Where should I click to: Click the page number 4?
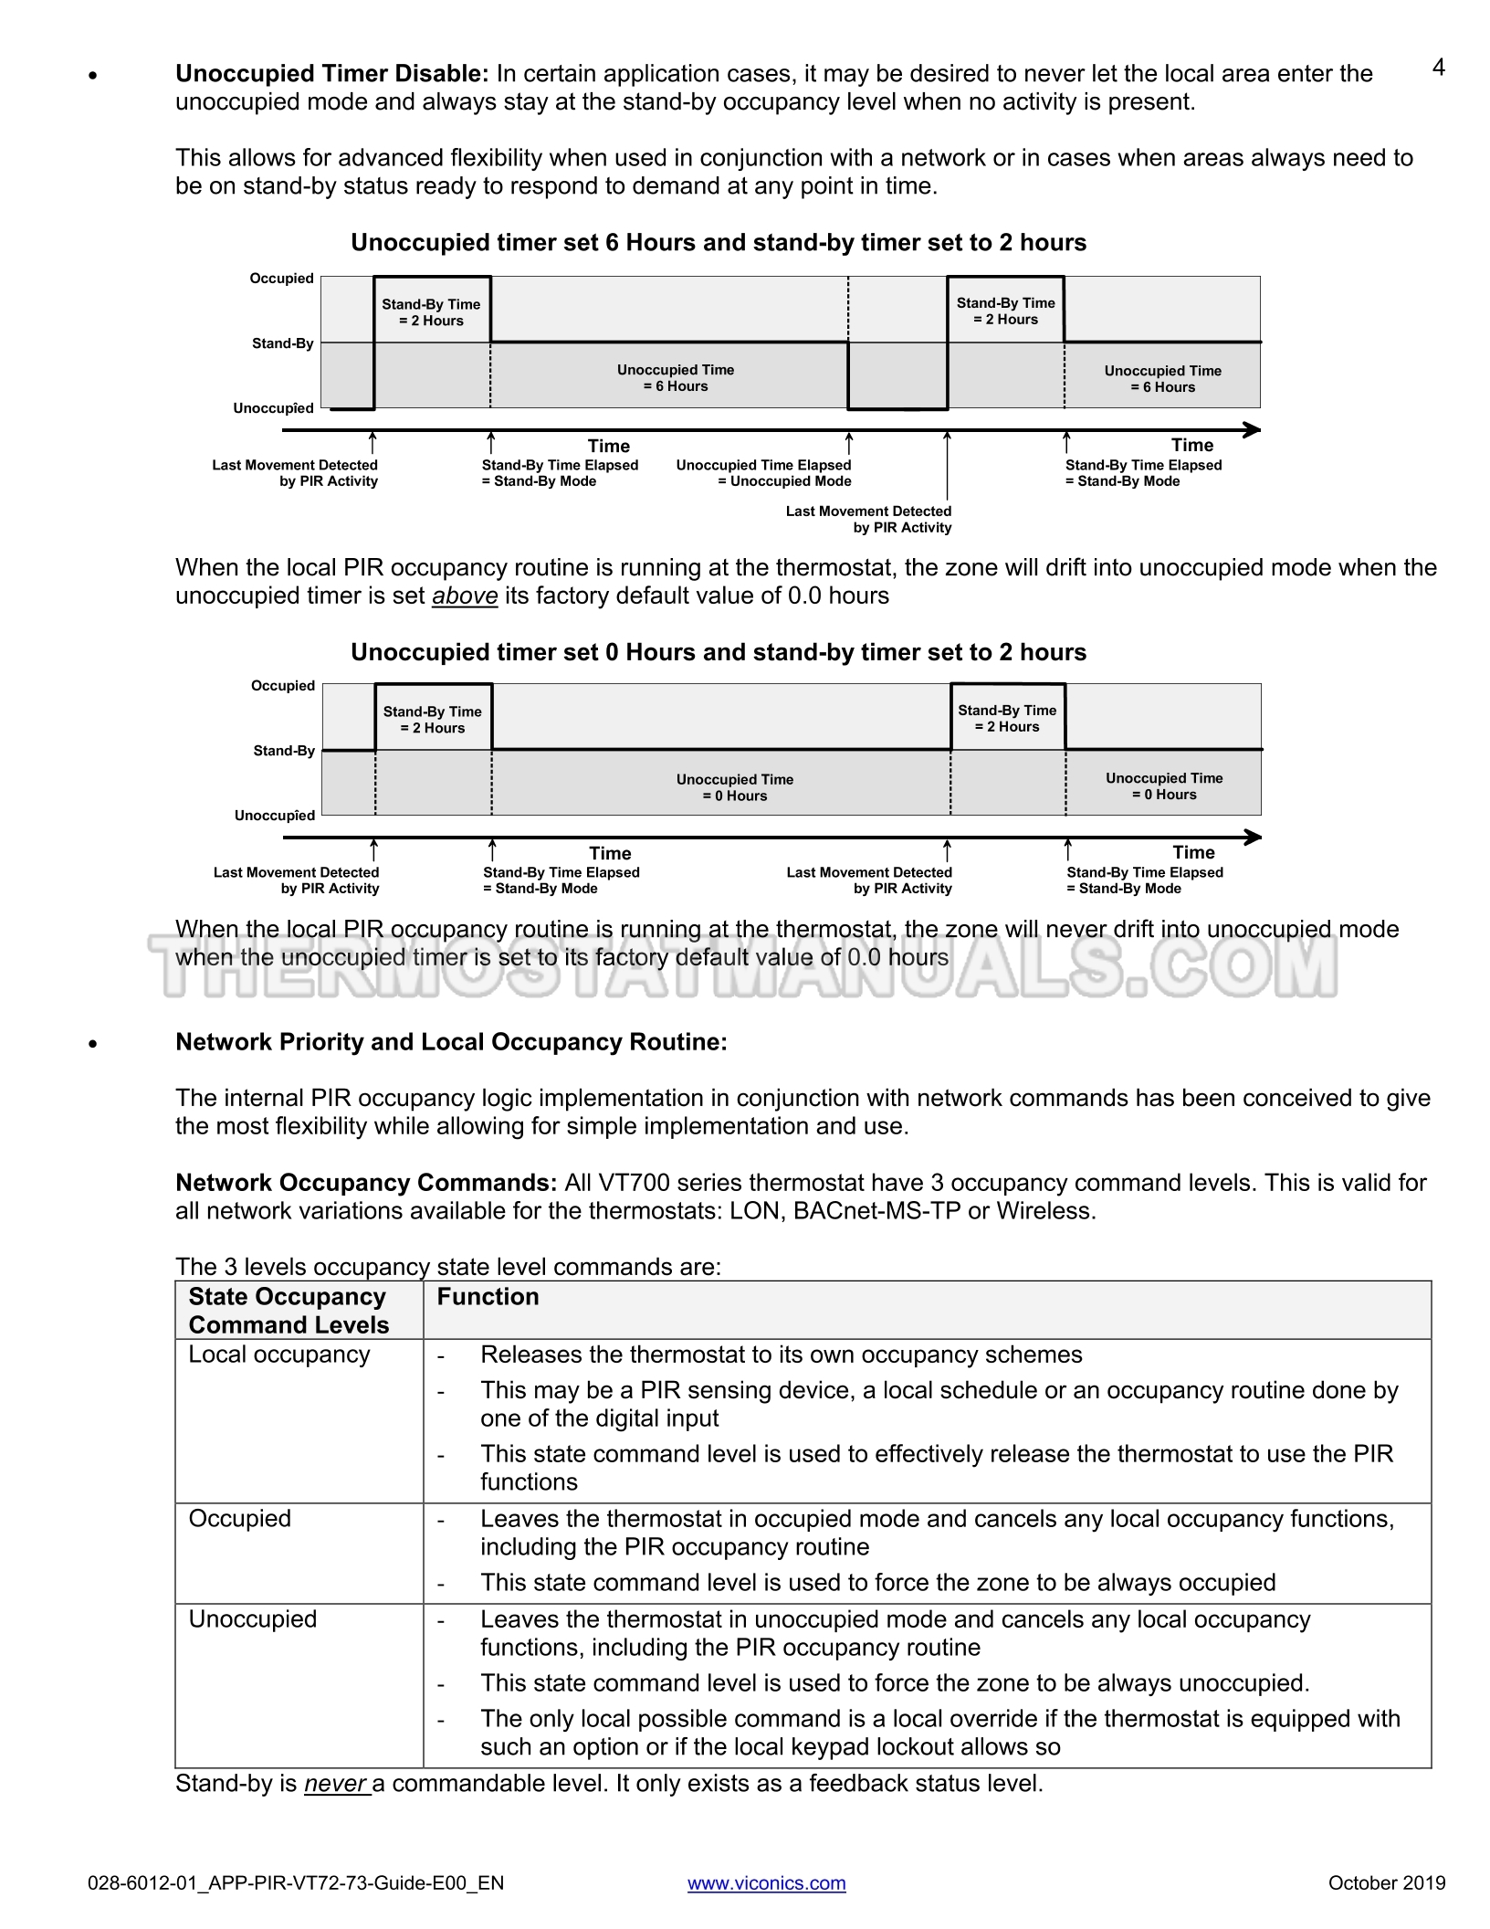pos(1438,68)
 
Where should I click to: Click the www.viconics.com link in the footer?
pos(766,1882)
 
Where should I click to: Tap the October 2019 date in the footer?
pos(1386,1882)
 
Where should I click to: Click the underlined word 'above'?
pos(465,596)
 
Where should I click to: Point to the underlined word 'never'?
pos(335,1784)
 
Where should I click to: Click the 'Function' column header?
pos(488,1297)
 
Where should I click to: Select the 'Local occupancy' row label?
pos(279,1355)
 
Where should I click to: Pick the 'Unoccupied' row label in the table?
pos(253,1619)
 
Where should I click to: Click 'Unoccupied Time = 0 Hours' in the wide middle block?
pos(734,787)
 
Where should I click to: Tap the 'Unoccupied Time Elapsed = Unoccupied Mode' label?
pos(763,473)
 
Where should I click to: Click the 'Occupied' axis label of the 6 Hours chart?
pos(281,279)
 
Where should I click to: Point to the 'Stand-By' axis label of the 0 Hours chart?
pos(284,751)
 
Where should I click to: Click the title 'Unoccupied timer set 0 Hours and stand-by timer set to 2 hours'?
pos(719,652)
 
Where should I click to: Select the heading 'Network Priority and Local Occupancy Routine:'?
pos(451,1042)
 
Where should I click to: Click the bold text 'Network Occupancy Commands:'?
pos(366,1183)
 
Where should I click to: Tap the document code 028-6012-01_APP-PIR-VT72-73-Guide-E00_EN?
pos(296,1882)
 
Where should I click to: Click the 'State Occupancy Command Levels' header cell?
pos(289,1311)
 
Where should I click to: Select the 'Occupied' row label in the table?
pos(239,1519)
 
